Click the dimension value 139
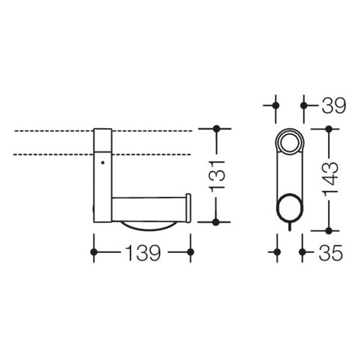click(x=141, y=252)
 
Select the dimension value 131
click(x=217, y=175)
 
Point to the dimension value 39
click(x=333, y=105)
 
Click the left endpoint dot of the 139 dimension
click(x=94, y=252)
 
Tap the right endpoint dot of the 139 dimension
click(x=190, y=252)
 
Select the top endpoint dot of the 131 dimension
click(x=217, y=128)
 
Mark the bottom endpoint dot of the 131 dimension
click(x=217, y=222)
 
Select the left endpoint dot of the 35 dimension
click(x=277, y=252)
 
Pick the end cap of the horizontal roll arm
click(x=188, y=208)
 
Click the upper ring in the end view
click(x=290, y=141)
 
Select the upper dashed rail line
click(x=51, y=131)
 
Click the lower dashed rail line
click(x=51, y=154)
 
